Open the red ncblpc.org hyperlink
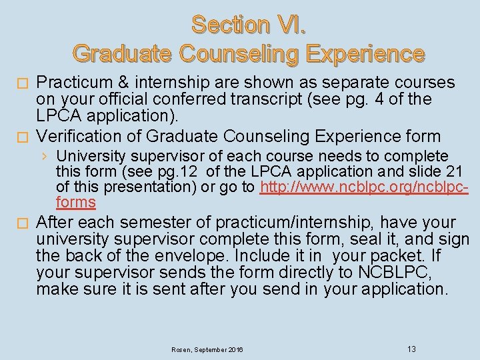(364, 187)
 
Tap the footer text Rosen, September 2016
(207, 349)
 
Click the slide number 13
(411, 349)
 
